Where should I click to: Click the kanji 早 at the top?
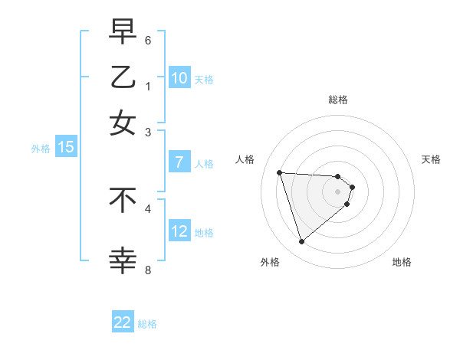click(x=123, y=33)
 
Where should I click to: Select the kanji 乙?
click(x=123, y=77)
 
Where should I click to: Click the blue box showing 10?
click(x=179, y=78)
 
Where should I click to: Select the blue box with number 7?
click(x=179, y=162)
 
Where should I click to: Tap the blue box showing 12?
click(x=179, y=231)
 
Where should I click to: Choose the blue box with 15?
click(x=65, y=148)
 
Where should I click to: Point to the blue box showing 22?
click(x=123, y=322)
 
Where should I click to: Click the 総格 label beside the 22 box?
click(x=148, y=324)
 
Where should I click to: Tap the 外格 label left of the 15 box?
click(x=41, y=149)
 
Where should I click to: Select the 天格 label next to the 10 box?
click(x=204, y=79)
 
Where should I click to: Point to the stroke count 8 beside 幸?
click(x=148, y=270)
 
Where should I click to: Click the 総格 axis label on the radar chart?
click(x=338, y=100)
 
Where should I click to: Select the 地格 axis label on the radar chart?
click(x=402, y=263)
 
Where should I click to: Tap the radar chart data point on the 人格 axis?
click(x=280, y=172)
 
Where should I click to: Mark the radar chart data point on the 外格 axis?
click(x=302, y=242)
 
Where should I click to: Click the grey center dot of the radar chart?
click(x=338, y=191)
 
